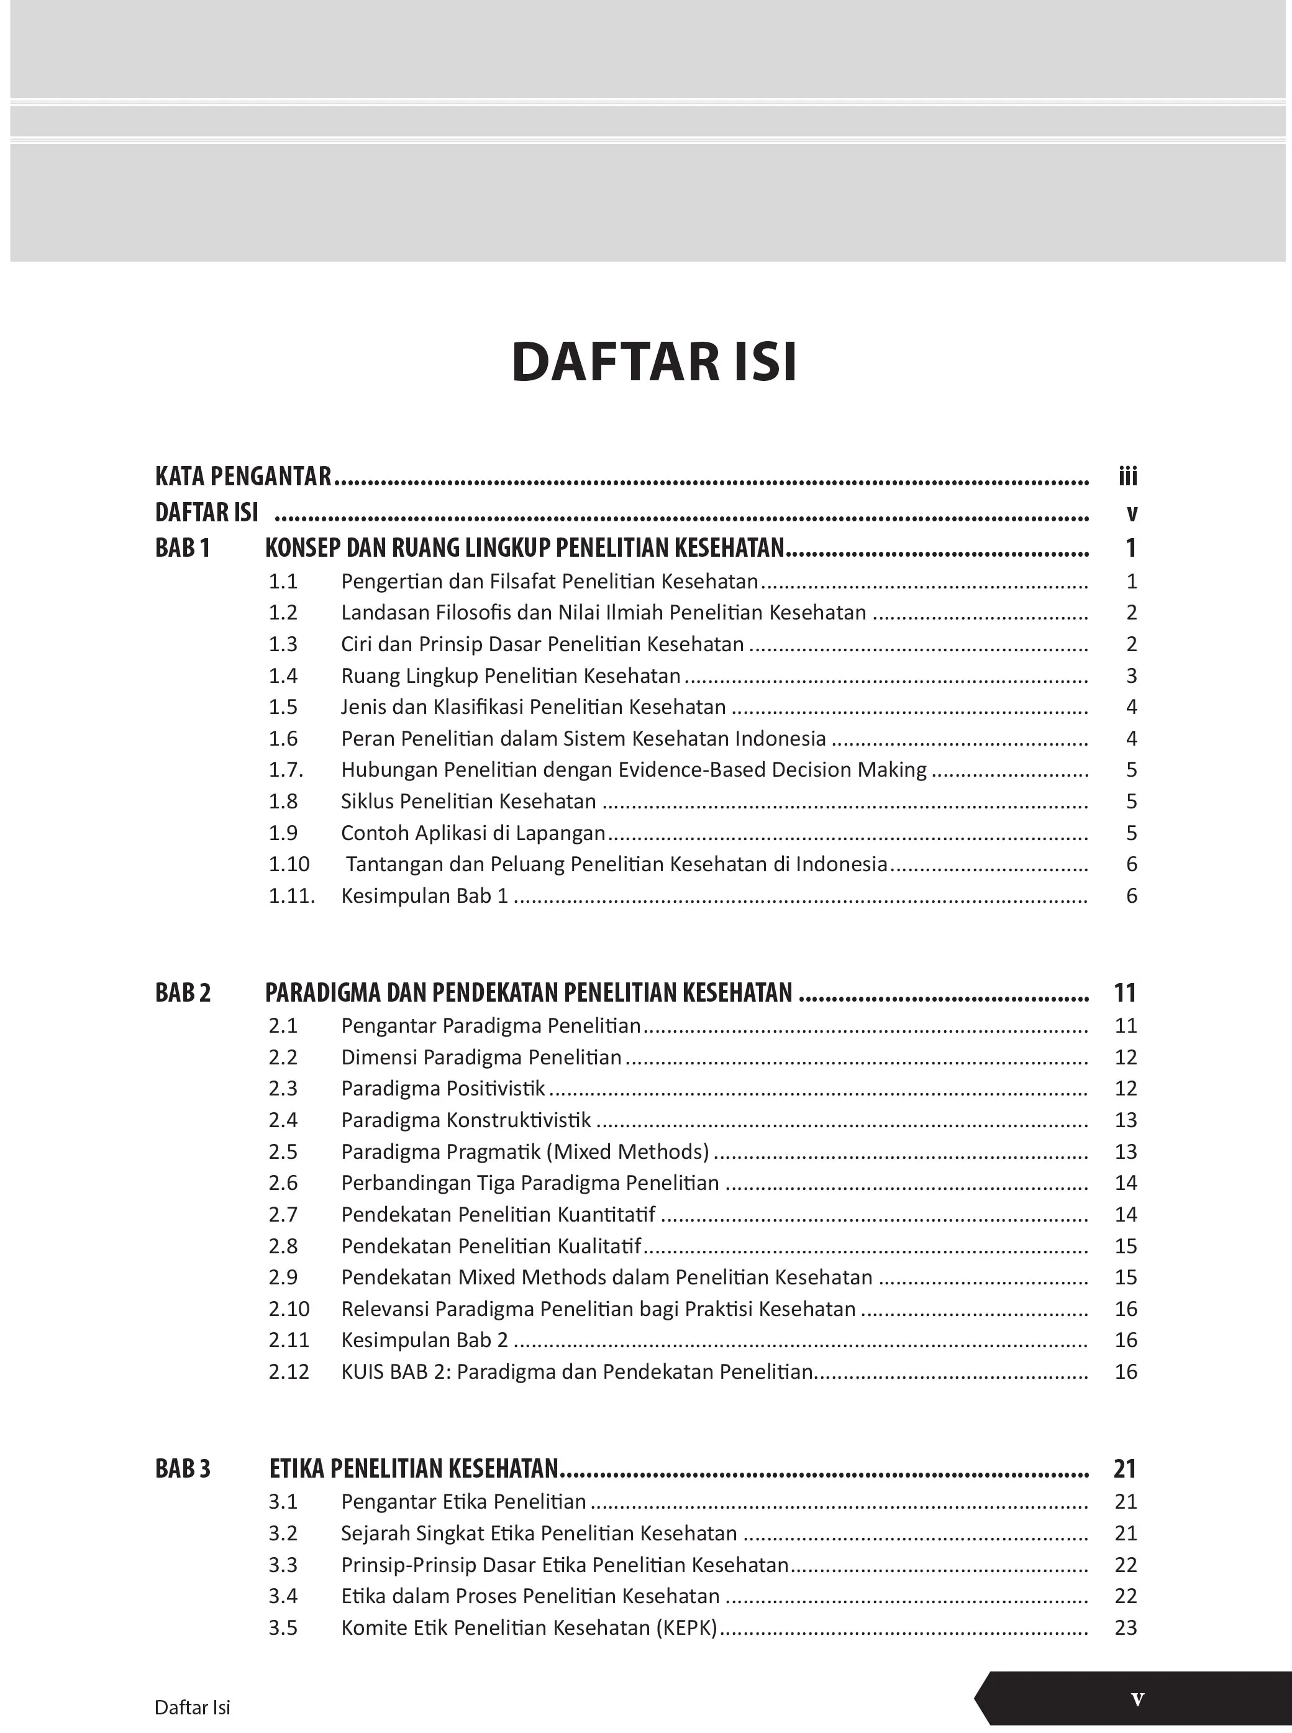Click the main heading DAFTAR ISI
click(654, 362)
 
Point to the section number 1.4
click(283, 676)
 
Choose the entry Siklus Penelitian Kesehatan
click(468, 801)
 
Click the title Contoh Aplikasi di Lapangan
click(473, 833)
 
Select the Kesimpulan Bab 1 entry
click(425, 896)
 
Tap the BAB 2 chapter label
click(183, 993)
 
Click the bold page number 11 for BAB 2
click(1125, 993)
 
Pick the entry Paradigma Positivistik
click(444, 1088)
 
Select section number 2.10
click(289, 1309)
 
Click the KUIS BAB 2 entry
click(577, 1371)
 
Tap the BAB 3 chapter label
click(183, 1468)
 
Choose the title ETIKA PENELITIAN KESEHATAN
click(414, 1468)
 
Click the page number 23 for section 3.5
click(1126, 1627)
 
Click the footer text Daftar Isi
click(193, 1707)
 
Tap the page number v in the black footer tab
click(1137, 1699)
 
